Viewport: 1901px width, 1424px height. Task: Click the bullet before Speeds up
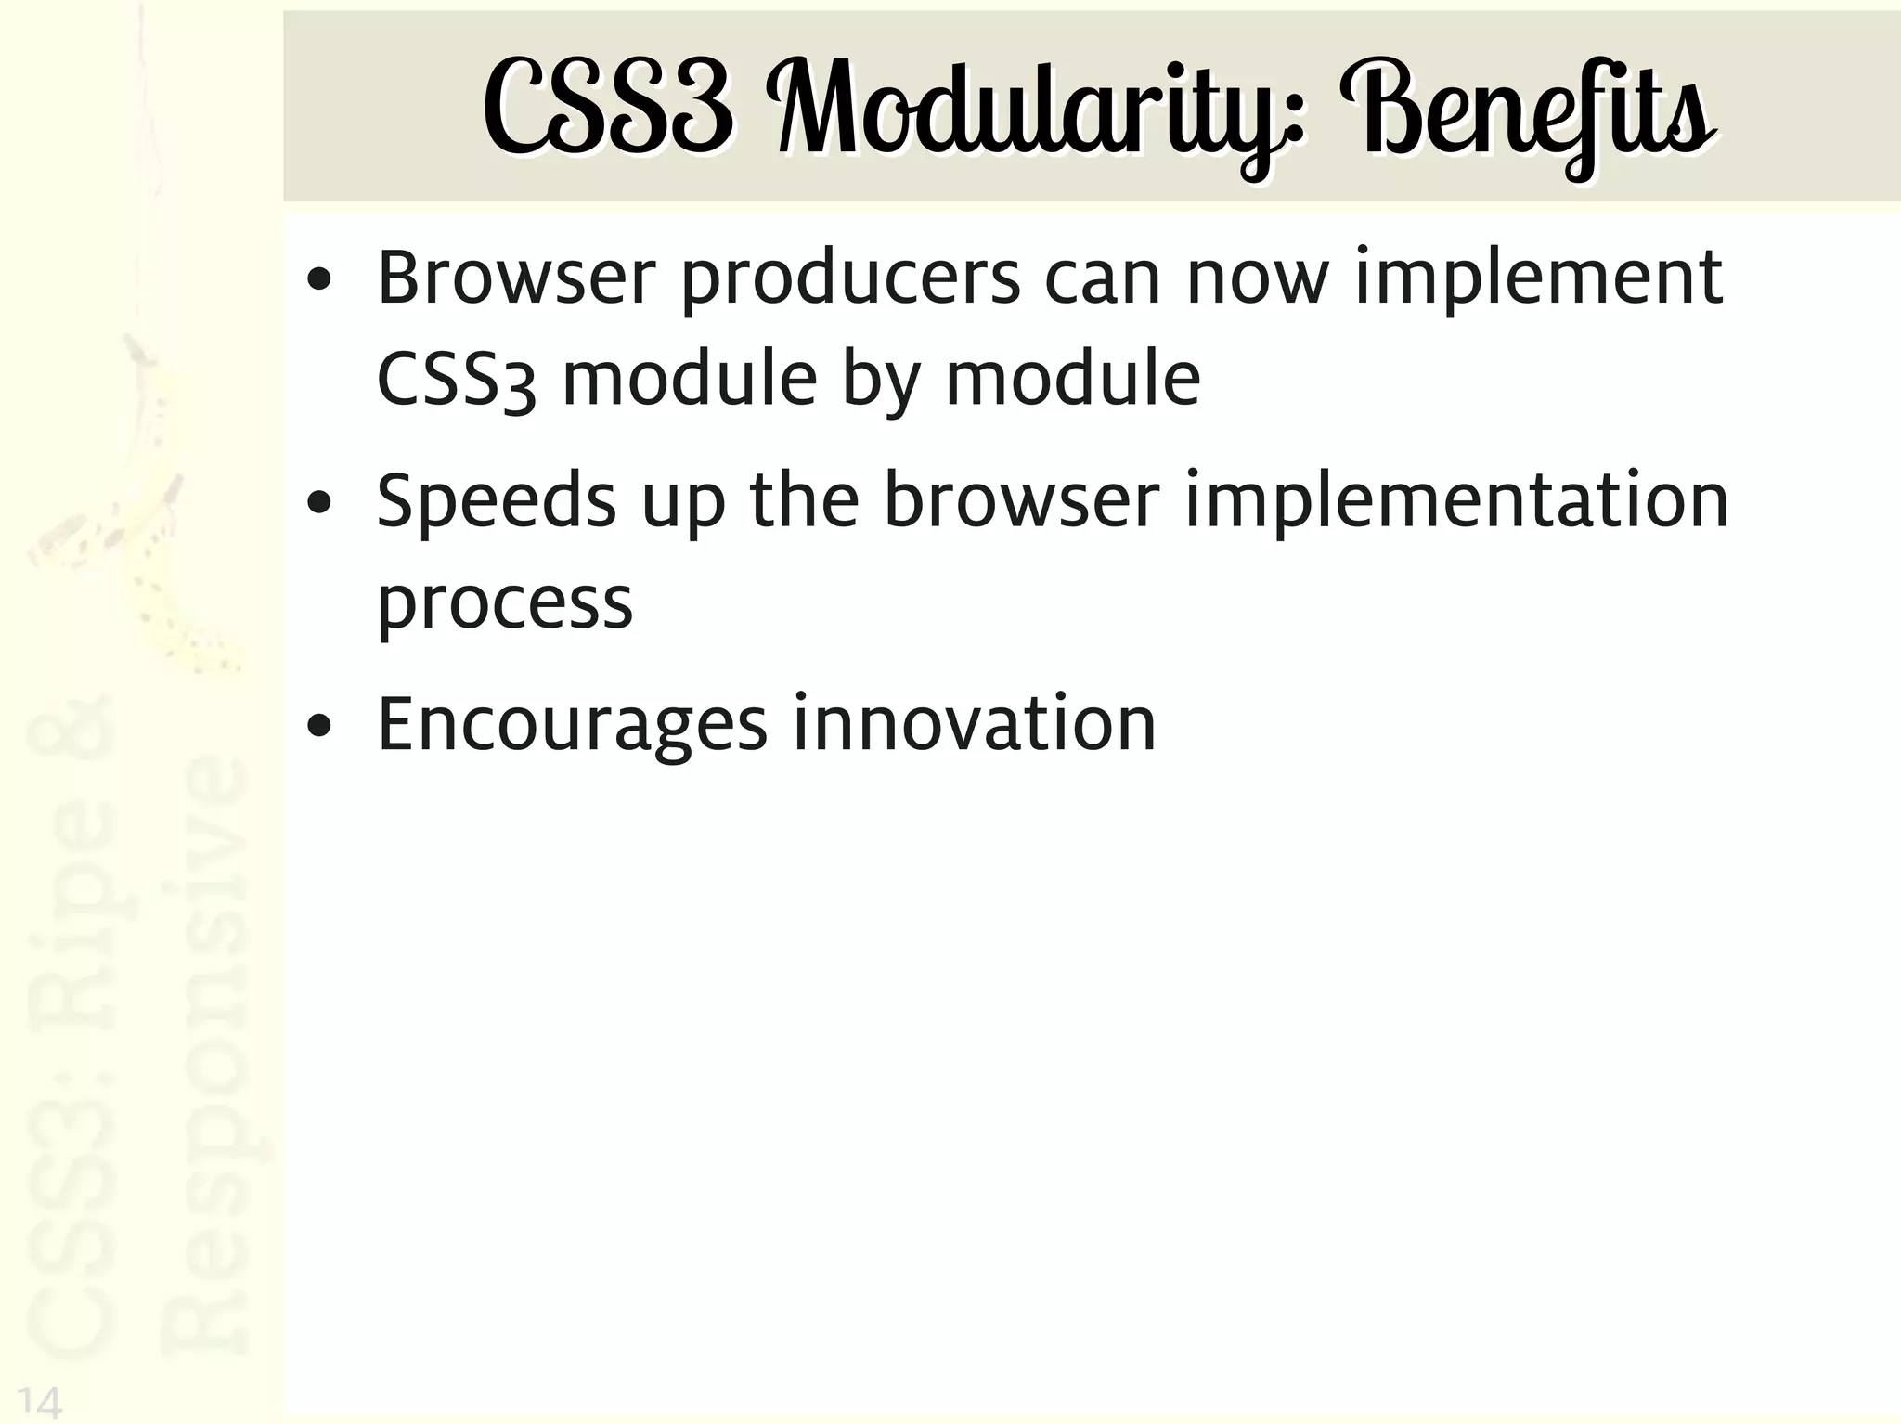pyautogui.click(x=319, y=504)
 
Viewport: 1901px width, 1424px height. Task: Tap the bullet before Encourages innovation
pyautogui.click(x=319, y=727)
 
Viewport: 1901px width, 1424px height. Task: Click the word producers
pyautogui.click(x=850, y=278)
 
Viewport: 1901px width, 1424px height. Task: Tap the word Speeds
pyautogui.click(x=496, y=501)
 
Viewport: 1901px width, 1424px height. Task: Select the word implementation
pyautogui.click(x=1456, y=501)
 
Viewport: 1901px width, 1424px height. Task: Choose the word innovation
pyautogui.click(x=974, y=724)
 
